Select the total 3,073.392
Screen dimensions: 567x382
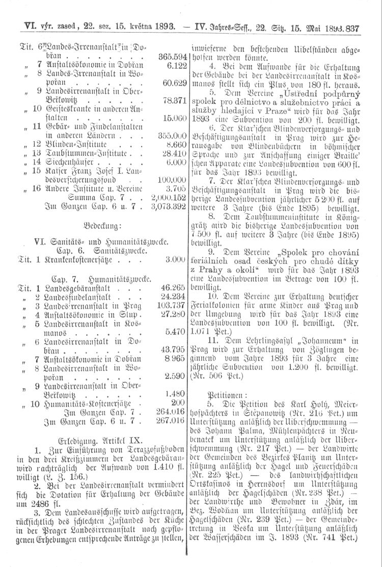pyautogui.click(x=168, y=207)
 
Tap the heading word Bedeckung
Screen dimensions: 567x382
pyautogui.click(x=99, y=225)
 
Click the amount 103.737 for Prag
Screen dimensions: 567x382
pyautogui.click(x=170, y=305)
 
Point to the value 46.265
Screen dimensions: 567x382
pyautogui.click(x=172, y=287)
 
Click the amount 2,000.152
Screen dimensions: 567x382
pyautogui.click(x=168, y=198)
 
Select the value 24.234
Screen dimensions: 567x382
pyautogui.click(x=172, y=296)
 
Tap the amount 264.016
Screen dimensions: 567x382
pyautogui.click(x=170, y=412)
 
